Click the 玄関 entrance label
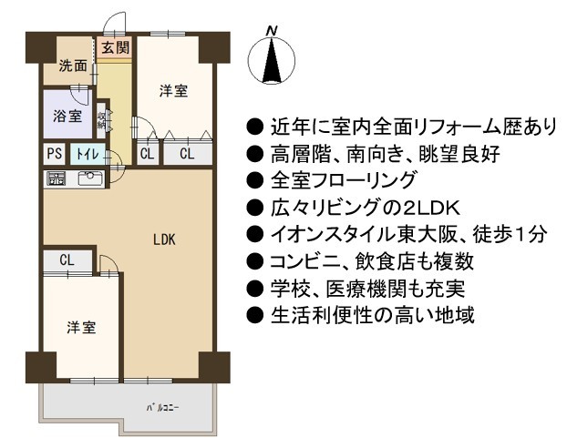[x=115, y=47]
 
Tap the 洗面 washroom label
[x=73, y=66]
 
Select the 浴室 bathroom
[x=67, y=114]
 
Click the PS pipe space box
[x=55, y=154]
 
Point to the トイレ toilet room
[x=88, y=154]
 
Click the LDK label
[x=164, y=239]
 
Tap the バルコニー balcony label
[x=163, y=408]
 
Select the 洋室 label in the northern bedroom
[x=173, y=91]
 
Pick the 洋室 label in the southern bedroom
[x=81, y=327]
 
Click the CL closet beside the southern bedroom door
[x=67, y=260]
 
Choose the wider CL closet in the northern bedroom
[x=188, y=154]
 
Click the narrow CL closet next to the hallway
[x=147, y=154]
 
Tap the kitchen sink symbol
[x=90, y=178]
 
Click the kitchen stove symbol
[x=57, y=178]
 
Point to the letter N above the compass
[x=272, y=32]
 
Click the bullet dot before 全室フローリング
[x=255, y=180]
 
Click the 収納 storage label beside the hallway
[x=101, y=119]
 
